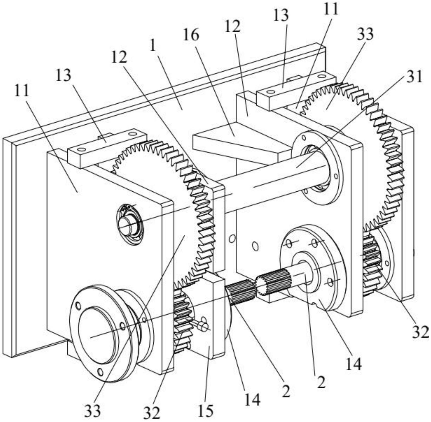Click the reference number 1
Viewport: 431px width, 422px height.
[153, 46]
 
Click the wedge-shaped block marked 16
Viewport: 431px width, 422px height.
[235, 142]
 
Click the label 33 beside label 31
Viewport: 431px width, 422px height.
[365, 34]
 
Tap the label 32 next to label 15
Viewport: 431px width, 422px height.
[152, 413]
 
